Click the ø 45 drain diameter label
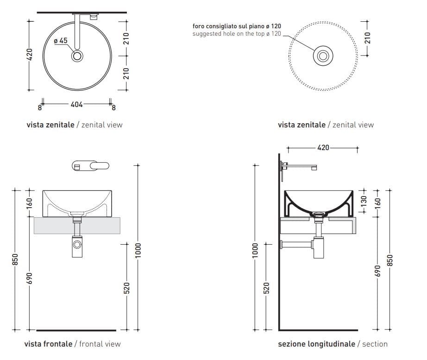61,41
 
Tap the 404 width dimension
76,104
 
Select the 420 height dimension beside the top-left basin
30,55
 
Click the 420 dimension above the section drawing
323,147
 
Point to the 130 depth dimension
364,201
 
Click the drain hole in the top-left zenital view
77,56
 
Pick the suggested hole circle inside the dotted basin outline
323,56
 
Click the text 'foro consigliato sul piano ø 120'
237,26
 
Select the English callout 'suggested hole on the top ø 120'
237,34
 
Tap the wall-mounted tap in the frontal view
90,166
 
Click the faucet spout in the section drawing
300,166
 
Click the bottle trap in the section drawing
318,248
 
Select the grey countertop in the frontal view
77,225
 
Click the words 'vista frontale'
48,344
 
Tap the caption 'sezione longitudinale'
316,344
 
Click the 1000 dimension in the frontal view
138,250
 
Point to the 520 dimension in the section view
266,288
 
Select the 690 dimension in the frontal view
30,278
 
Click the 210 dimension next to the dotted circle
367,38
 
